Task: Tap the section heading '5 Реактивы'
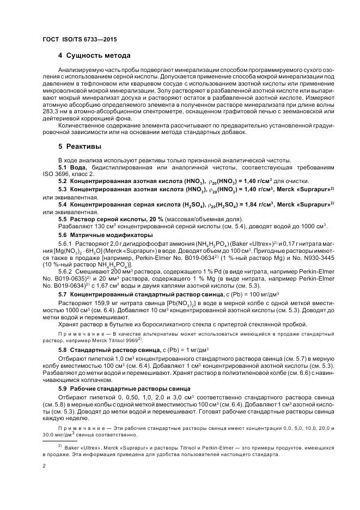pos(81,147)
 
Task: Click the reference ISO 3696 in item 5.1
pos(57,173)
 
